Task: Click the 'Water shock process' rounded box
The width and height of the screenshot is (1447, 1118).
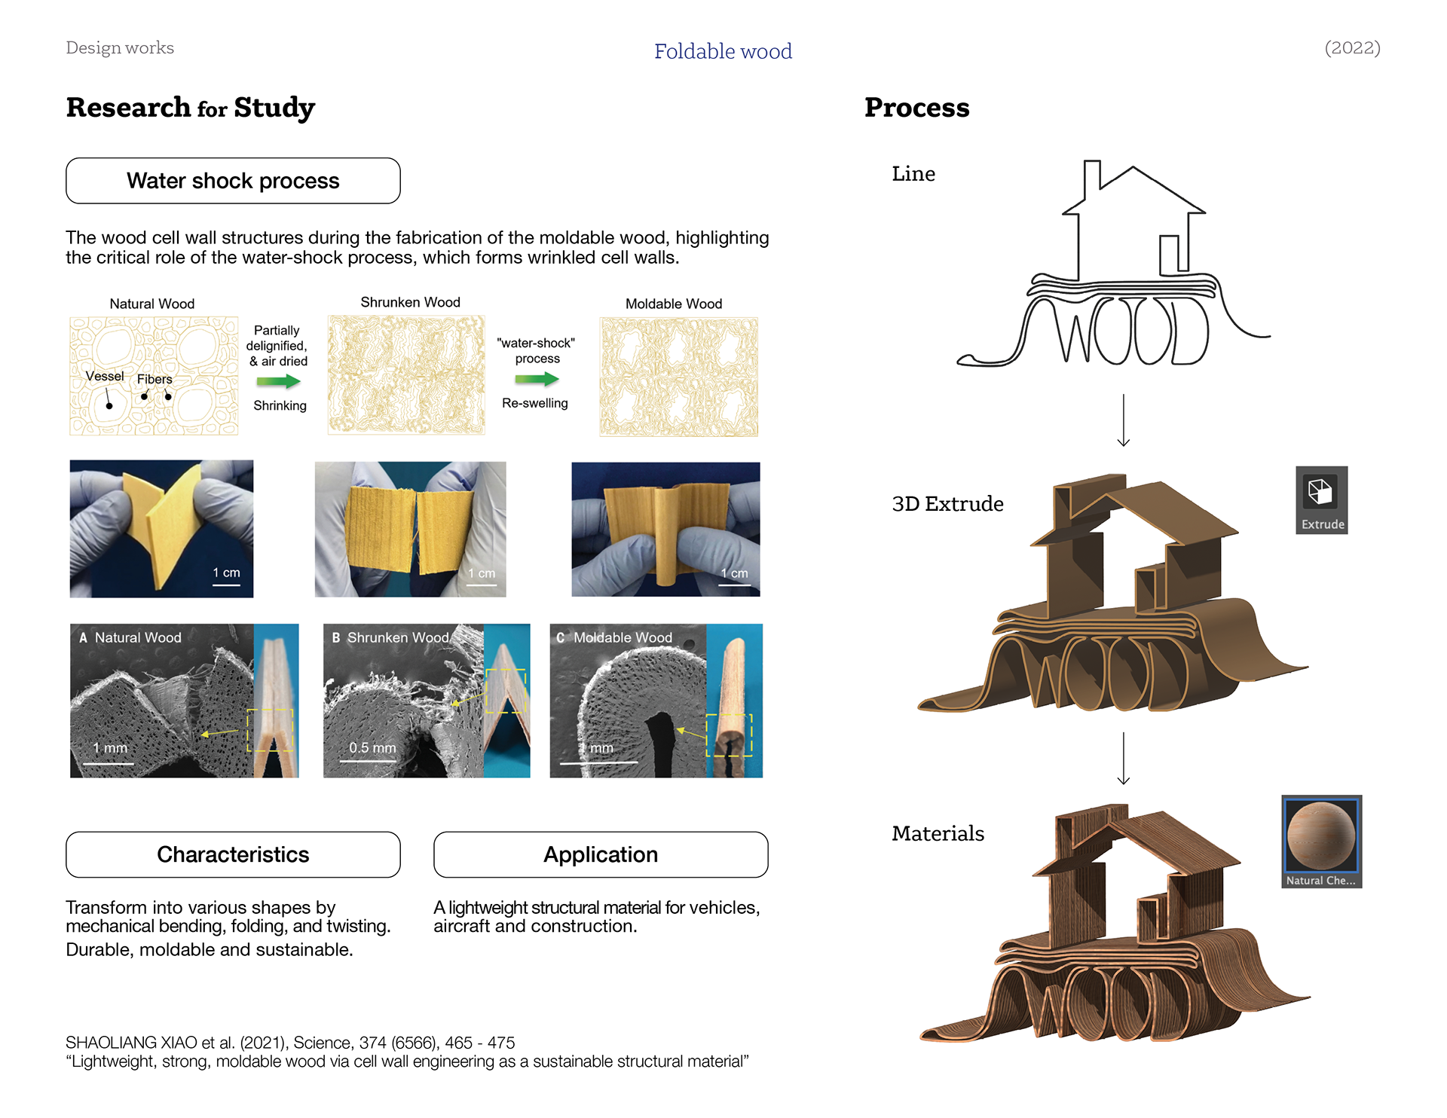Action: click(233, 181)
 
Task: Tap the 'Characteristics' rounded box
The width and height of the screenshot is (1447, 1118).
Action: click(233, 854)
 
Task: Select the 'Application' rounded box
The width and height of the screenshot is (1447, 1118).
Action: click(601, 854)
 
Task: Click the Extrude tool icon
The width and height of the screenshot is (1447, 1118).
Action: click(1320, 493)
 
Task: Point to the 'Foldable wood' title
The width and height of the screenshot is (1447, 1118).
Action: click(723, 51)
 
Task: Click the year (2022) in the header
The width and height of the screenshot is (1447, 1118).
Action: click(1352, 47)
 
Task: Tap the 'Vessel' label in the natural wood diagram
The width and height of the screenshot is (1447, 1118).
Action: click(104, 376)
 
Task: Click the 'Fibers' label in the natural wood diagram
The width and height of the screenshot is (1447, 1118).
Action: click(154, 379)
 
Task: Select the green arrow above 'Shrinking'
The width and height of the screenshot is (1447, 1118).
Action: click(278, 382)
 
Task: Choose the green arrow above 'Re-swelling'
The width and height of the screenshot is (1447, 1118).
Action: click(537, 379)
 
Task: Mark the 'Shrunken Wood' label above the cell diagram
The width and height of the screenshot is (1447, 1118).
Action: click(410, 302)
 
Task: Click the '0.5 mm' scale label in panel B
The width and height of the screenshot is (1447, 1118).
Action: click(372, 748)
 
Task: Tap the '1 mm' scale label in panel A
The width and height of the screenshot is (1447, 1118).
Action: click(110, 748)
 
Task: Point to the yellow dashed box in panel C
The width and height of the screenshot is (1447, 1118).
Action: click(729, 735)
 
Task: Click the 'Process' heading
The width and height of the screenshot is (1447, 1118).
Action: click(916, 108)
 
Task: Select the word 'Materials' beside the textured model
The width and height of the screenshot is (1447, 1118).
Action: click(938, 833)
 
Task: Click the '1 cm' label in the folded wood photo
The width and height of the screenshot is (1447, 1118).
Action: click(226, 573)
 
